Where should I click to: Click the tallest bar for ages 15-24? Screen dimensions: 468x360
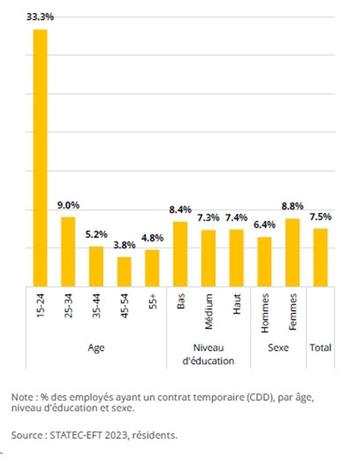[x=40, y=157]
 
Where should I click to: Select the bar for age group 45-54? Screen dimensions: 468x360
[x=124, y=271]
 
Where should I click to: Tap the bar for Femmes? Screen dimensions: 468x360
[x=292, y=252]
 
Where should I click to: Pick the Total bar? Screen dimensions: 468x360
[x=320, y=257]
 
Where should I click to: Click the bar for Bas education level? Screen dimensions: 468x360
[x=180, y=254]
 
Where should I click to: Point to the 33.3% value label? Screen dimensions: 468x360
[x=40, y=17]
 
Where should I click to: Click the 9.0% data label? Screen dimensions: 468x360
[x=68, y=205]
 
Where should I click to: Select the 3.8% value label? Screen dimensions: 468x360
[x=124, y=245]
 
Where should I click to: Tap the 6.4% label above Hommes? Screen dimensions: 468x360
[x=264, y=225]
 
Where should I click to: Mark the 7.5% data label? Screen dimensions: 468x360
[x=320, y=217]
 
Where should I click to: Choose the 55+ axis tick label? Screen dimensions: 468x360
[x=152, y=302]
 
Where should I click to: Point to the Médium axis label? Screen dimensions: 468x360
[x=209, y=312]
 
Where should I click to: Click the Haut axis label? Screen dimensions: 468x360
[x=237, y=304]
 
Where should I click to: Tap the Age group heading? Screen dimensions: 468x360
[x=96, y=348]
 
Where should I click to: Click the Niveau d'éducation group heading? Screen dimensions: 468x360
[x=209, y=354]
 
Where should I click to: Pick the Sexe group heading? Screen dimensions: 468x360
[x=278, y=348]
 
